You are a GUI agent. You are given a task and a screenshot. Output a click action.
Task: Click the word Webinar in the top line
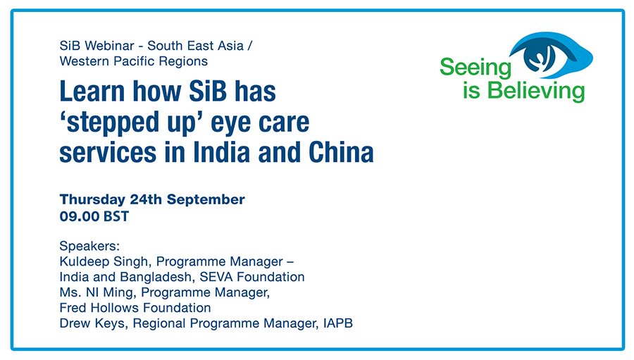(x=108, y=46)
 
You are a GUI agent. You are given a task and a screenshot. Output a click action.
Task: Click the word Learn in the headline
(x=92, y=91)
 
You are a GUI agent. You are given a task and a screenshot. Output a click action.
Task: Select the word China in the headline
(x=341, y=152)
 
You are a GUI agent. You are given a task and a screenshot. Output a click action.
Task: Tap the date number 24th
(x=146, y=199)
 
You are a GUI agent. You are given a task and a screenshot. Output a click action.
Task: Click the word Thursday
(x=92, y=199)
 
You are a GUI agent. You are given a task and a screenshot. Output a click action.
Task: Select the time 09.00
(x=79, y=216)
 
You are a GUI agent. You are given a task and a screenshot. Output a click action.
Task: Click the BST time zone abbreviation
(x=116, y=216)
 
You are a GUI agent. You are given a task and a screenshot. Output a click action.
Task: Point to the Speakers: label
(x=89, y=247)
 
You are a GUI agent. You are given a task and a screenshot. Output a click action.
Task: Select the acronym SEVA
(x=216, y=277)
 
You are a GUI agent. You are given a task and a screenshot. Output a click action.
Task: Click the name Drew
(x=75, y=323)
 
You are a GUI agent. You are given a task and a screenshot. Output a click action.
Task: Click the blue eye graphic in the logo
(x=551, y=56)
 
